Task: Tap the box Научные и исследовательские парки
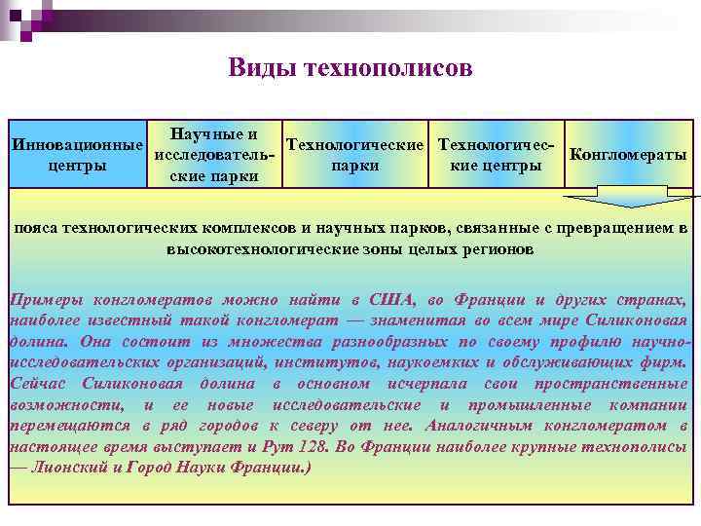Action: [213, 154]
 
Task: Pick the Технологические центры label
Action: [497, 155]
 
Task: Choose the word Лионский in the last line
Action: [71, 468]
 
